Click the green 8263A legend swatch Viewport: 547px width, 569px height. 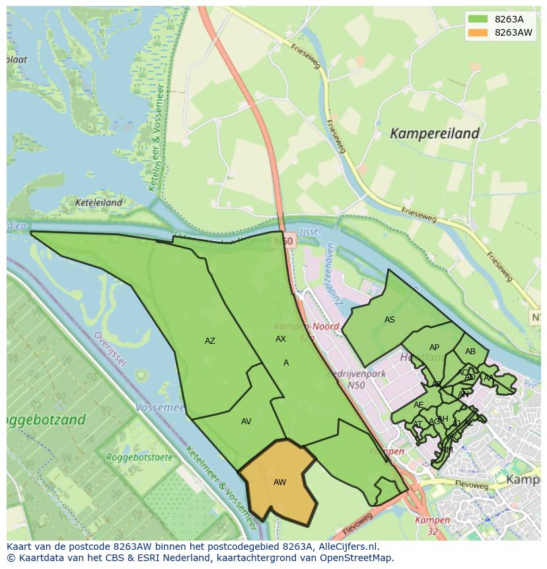click(x=477, y=19)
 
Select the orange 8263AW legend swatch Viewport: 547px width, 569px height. click(x=477, y=32)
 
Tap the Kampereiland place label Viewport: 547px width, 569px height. click(x=434, y=133)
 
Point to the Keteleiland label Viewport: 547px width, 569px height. click(x=98, y=203)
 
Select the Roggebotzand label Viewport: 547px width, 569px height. click(x=45, y=420)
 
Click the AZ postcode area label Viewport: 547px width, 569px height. click(x=209, y=341)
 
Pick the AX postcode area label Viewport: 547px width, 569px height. click(x=281, y=338)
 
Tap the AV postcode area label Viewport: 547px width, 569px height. click(x=246, y=422)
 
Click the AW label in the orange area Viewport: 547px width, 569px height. click(x=279, y=482)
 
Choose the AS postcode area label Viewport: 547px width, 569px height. click(x=390, y=320)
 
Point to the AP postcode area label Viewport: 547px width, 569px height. click(x=434, y=348)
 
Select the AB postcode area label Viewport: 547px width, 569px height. click(x=470, y=352)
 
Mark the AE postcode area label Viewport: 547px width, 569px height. click(x=418, y=405)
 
